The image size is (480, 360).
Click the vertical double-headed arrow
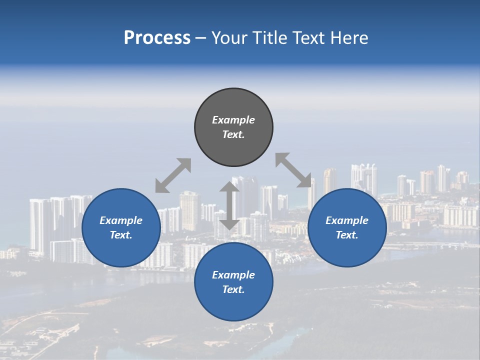point(229,205)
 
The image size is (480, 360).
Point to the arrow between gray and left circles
point(173,175)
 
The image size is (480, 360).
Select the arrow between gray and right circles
point(293,170)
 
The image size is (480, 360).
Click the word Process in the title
point(157,38)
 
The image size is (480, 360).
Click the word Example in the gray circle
point(233,120)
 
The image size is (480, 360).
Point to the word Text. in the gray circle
point(233,134)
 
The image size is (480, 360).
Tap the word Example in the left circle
point(121,220)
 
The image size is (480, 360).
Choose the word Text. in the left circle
point(121,235)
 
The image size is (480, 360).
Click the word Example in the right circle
point(347,220)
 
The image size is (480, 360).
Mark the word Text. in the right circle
point(347,235)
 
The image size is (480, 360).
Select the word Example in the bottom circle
point(233,275)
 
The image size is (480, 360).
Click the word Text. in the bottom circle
point(233,289)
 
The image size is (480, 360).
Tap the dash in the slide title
point(200,38)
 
